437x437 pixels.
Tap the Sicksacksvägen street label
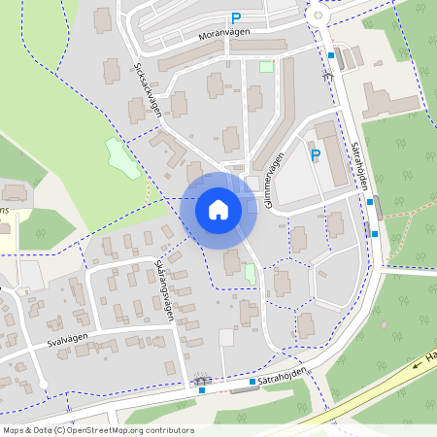point(147,92)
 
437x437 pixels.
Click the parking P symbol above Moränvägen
point(236,17)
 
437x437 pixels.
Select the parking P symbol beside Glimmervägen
point(315,154)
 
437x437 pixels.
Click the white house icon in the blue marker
point(218,209)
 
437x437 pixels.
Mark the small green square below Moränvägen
point(266,67)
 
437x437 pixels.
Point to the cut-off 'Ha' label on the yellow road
point(430,358)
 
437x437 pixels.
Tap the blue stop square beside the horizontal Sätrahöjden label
point(252,382)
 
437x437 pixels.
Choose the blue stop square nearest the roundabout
point(331,55)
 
